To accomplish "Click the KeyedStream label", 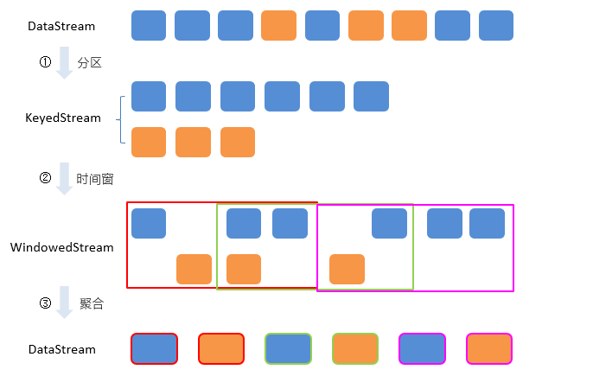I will [63, 118].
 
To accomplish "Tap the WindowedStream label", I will [61, 247].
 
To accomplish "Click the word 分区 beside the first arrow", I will [90, 63].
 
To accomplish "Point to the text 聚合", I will [91, 303].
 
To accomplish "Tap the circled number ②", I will [46, 178].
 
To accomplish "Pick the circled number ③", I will [46, 303].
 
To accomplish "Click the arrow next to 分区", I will [64, 65].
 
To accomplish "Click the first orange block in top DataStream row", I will [278, 25].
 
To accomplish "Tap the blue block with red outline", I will [154, 349].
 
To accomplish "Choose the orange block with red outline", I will [221, 349].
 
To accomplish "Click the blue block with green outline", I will [288, 349].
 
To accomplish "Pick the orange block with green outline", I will [355, 349].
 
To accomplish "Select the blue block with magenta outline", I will [422, 349].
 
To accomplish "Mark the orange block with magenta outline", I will [489, 349].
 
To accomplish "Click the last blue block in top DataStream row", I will [495, 25].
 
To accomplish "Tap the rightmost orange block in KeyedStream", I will [238, 142].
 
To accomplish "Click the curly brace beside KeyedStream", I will [123, 119].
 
